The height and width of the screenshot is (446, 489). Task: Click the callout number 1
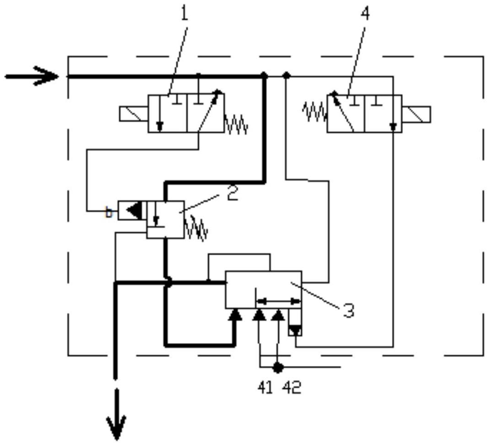pyautogui.click(x=185, y=13)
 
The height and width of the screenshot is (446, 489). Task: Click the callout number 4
pyautogui.click(x=365, y=13)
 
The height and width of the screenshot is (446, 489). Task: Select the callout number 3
pyautogui.click(x=349, y=310)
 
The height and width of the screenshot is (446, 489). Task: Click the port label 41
pyautogui.click(x=265, y=387)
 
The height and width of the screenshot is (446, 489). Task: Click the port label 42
pyautogui.click(x=292, y=387)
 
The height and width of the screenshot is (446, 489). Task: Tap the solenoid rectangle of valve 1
pyautogui.click(x=134, y=114)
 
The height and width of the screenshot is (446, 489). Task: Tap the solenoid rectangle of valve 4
pyautogui.click(x=416, y=114)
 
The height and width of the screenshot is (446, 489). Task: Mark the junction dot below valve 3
pyautogui.click(x=277, y=367)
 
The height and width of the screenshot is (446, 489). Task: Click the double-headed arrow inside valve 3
pyautogui.click(x=278, y=301)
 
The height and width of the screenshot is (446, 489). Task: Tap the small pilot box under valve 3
pyautogui.click(x=295, y=322)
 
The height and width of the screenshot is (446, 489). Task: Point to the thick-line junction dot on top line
pyautogui.click(x=264, y=75)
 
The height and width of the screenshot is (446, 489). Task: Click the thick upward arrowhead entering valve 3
pyautogui.click(x=235, y=315)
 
